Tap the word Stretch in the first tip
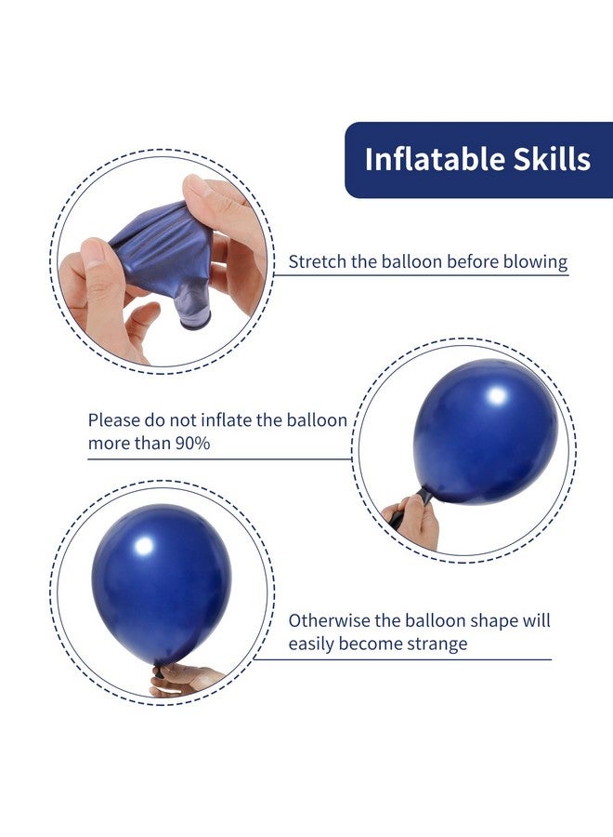coord(318,261)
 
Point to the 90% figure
coord(191,443)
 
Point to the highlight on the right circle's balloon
coord(497,396)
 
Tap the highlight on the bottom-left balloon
coord(143,548)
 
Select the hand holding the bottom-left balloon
coord(185,680)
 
